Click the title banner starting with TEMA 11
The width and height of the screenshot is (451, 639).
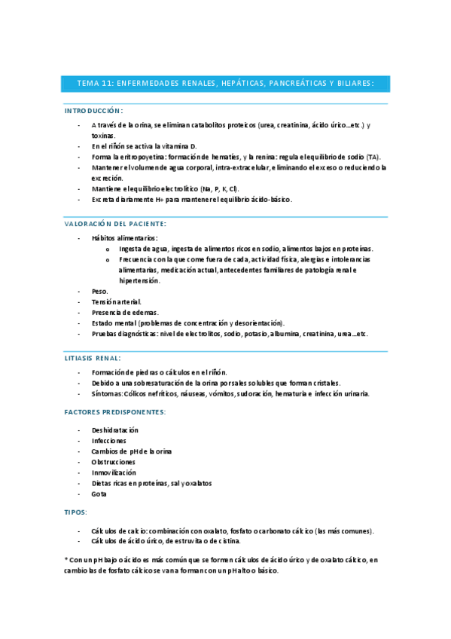tap(225, 83)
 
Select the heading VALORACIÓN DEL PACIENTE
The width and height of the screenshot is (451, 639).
tap(115, 224)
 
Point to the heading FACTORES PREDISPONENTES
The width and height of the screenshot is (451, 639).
tap(115, 412)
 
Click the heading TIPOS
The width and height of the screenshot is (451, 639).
tap(76, 512)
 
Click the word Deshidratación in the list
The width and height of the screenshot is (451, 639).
tap(115, 430)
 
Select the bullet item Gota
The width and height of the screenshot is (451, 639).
tap(99, 494)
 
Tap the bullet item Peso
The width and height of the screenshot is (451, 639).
tap(99, 291)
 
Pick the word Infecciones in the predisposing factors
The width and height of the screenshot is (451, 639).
tap(109, 440)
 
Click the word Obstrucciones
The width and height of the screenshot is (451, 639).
tap(113, 462)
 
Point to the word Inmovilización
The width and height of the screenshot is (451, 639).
tap(114, 472)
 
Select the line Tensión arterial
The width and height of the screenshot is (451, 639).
tap(116, 301)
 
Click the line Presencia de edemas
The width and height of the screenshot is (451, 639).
tap(124, 312)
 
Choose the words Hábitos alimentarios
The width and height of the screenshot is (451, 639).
tap(124, 237)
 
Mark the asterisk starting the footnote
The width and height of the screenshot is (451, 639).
tap(67, 560)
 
